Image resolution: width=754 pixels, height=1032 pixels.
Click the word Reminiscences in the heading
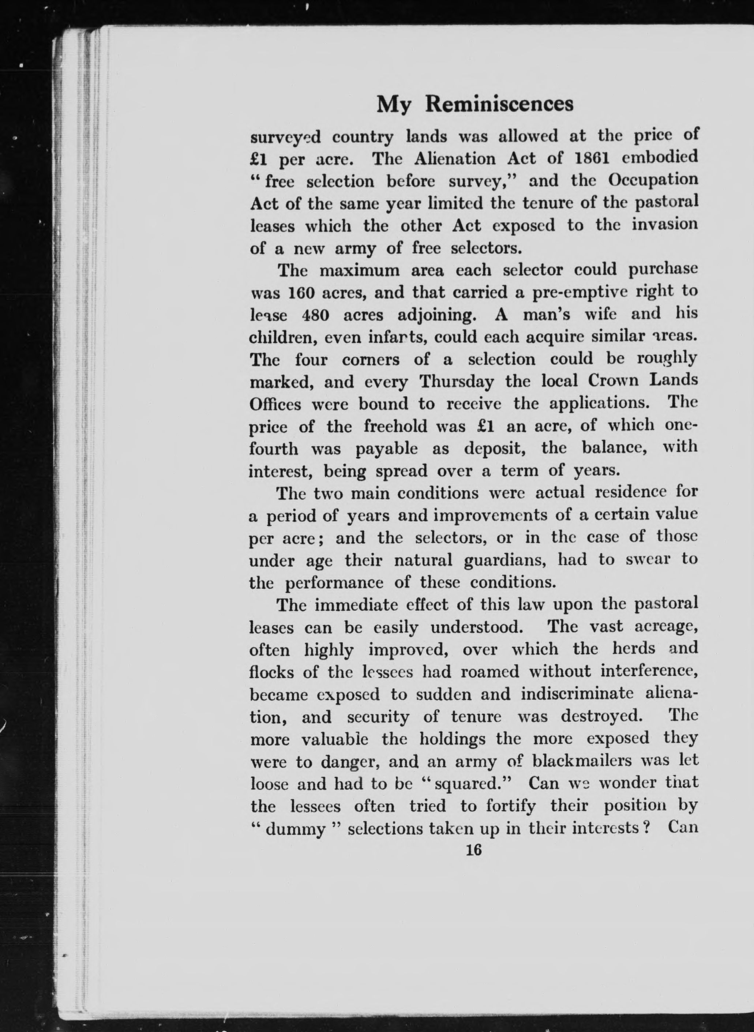(x=499, y=105)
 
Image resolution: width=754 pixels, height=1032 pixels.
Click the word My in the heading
(x=393, y=105)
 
